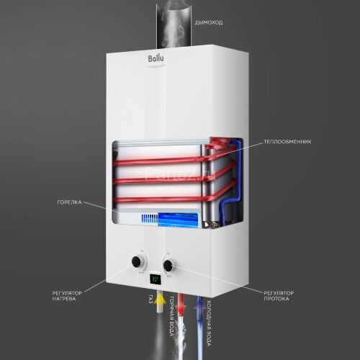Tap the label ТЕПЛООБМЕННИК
tap(287, 142)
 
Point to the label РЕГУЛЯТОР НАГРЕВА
tap(67, 297)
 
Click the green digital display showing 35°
tap(154, 277)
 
